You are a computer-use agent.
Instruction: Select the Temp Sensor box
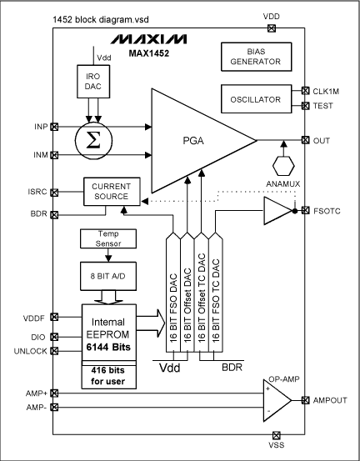pyautogui.click(x=102, y=239)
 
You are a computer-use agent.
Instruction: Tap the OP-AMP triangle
pyautogui.click(x=270, y=400)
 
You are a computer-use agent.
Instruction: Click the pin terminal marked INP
pyautogui.click(x=55, y=127)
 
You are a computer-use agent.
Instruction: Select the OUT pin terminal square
pyautogui.click(x=306, y=140)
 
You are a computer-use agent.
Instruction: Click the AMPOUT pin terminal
pyautogui.click(x=306, y=400)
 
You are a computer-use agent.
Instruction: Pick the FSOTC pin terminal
pyautogui.click(x=306, y=212)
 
